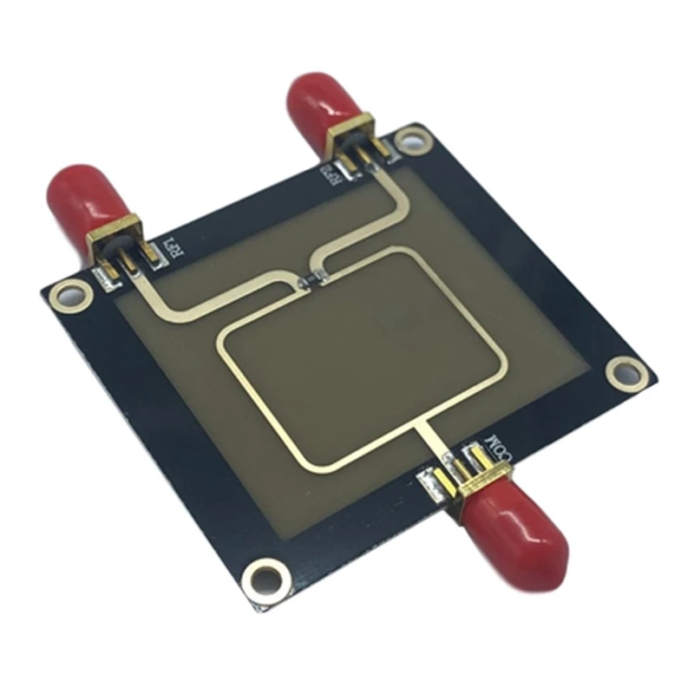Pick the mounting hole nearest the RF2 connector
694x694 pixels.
[414, 136]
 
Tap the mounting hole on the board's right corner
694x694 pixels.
[624, 374]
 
